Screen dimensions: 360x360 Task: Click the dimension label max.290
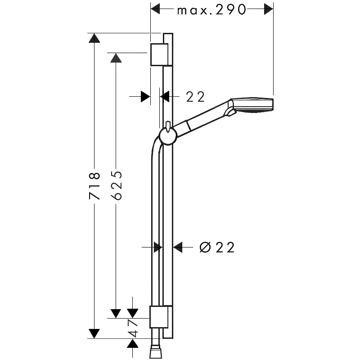click(211, 9)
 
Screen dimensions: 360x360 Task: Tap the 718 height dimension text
click(94, 185)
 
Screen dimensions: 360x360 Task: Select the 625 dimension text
click(116, 185)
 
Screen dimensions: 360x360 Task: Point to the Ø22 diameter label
click(217, 247)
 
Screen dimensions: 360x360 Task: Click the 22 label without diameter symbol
click(195, 96)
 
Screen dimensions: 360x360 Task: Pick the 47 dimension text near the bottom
click(133, 328)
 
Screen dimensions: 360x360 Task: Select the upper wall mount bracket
click(159, 54)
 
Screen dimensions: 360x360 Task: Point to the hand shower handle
click(205, 117)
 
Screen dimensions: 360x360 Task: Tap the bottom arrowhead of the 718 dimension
click(94, 333)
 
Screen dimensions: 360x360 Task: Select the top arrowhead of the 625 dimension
click(116, 58)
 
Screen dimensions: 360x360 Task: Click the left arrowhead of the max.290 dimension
click(155, 8)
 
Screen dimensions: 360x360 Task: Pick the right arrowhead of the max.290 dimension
click(269, 8)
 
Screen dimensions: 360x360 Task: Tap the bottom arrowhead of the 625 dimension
click(116, 313)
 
